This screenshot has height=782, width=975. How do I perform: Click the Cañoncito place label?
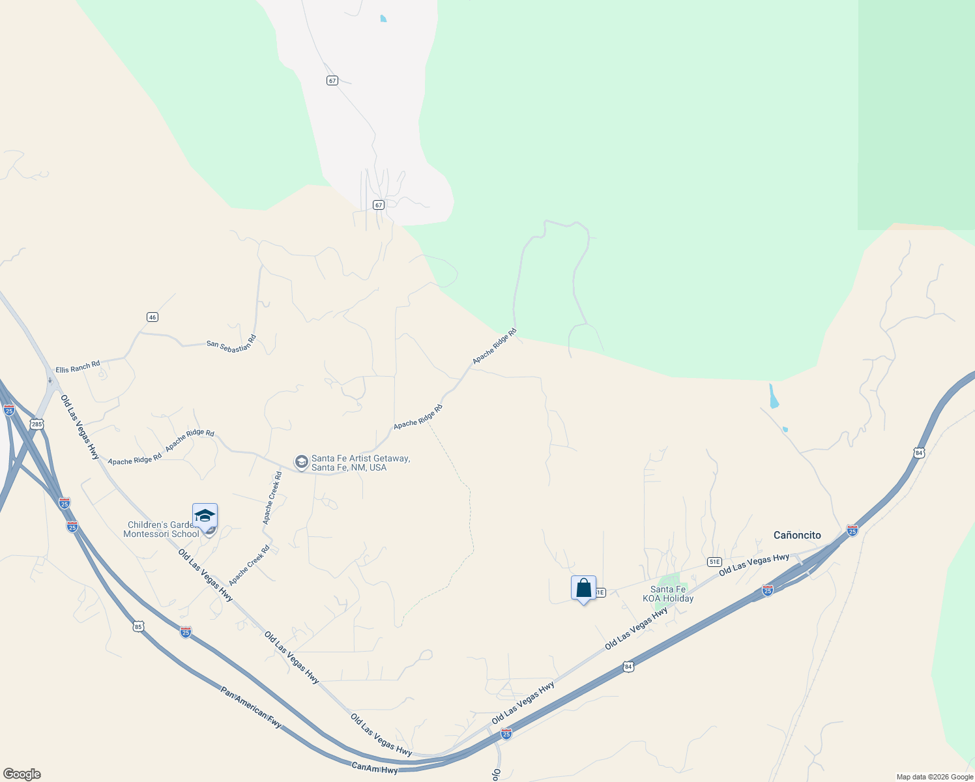(797, 535)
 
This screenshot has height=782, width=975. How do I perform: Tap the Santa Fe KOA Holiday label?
(668, 594)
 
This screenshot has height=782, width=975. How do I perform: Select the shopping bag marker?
(583, 588)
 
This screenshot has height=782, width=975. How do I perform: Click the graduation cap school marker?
(205, 516)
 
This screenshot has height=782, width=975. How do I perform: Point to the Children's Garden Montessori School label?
(161, 529)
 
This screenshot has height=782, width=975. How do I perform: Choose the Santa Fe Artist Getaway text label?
(360, 463)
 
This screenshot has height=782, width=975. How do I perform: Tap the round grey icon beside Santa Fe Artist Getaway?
(301, 462)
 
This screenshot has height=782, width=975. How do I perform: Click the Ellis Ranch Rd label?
(78, 367)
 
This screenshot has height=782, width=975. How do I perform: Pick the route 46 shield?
(153, 317)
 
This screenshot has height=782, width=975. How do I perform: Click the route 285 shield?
(37, 424)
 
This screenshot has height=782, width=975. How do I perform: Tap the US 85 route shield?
(138, 627)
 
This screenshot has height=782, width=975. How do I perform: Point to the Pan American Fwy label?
(251, 707)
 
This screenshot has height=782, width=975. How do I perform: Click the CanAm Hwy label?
(374, 768)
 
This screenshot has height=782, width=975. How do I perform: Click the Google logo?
(22, 774)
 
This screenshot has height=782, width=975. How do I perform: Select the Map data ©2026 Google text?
(934, 777)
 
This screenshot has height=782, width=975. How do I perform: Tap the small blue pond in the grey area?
(383, 19)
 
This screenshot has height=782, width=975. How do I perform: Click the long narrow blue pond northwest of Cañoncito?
(773, 396)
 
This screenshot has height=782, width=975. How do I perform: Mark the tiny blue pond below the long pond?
(785, 429)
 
